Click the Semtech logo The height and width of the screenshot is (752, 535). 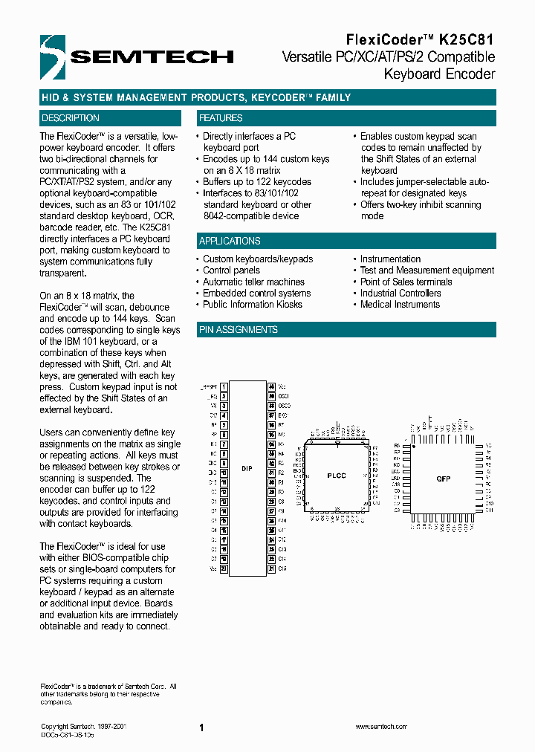[138, 55]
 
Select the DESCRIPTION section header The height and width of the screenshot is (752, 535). [71, 118]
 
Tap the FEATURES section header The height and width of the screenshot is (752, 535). [221, 118]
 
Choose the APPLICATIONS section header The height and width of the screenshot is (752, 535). [230, 241]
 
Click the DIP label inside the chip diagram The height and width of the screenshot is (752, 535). [247, 470]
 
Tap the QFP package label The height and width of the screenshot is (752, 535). [444, 479]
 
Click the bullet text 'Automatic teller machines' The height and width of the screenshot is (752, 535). [253, 282]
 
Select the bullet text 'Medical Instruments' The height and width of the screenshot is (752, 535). [400, 304]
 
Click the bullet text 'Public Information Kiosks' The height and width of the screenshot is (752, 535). [253, 304]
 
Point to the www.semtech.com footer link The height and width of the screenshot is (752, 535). [380, 727]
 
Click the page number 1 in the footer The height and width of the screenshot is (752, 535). [201, 728]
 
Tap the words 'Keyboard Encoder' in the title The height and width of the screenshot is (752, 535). [439, 74]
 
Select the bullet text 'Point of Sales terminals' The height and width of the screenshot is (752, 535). [406, 282]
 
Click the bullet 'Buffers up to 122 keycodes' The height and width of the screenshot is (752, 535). [257, 181]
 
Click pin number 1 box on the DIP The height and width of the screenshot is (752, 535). [224, 387]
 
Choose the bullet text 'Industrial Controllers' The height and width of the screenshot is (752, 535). [401, 293]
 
